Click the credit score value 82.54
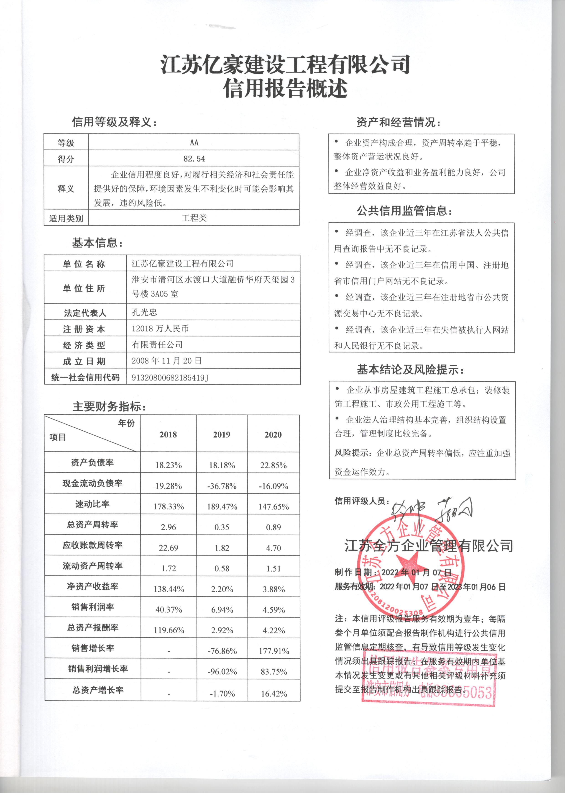tap(194, 159)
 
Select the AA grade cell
tap(194, 143)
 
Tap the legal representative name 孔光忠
tap(144, 312)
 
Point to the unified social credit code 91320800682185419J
tap(170, 378)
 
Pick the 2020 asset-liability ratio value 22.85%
tap(274, 465)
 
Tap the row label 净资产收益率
tap(92, 586)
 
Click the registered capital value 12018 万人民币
tap(160, 329)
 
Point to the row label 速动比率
tap(92, 504)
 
